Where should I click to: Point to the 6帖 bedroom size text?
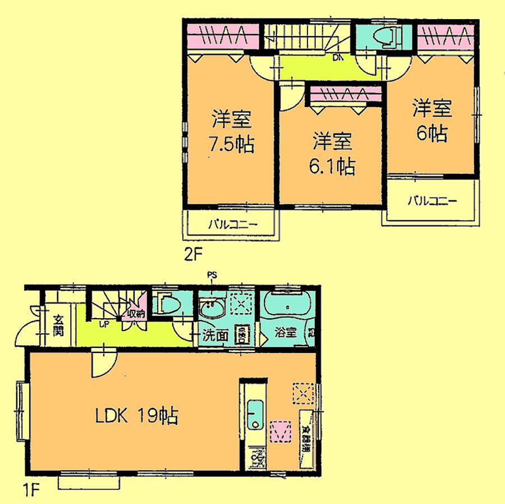(432, 134)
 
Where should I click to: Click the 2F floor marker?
(192, 255)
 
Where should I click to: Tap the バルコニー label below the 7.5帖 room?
(232, 224)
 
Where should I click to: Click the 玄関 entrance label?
(58, 325)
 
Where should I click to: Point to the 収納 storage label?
(136, 314)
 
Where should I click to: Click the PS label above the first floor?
(212, 275)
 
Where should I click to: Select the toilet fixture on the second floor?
(386, 37)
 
